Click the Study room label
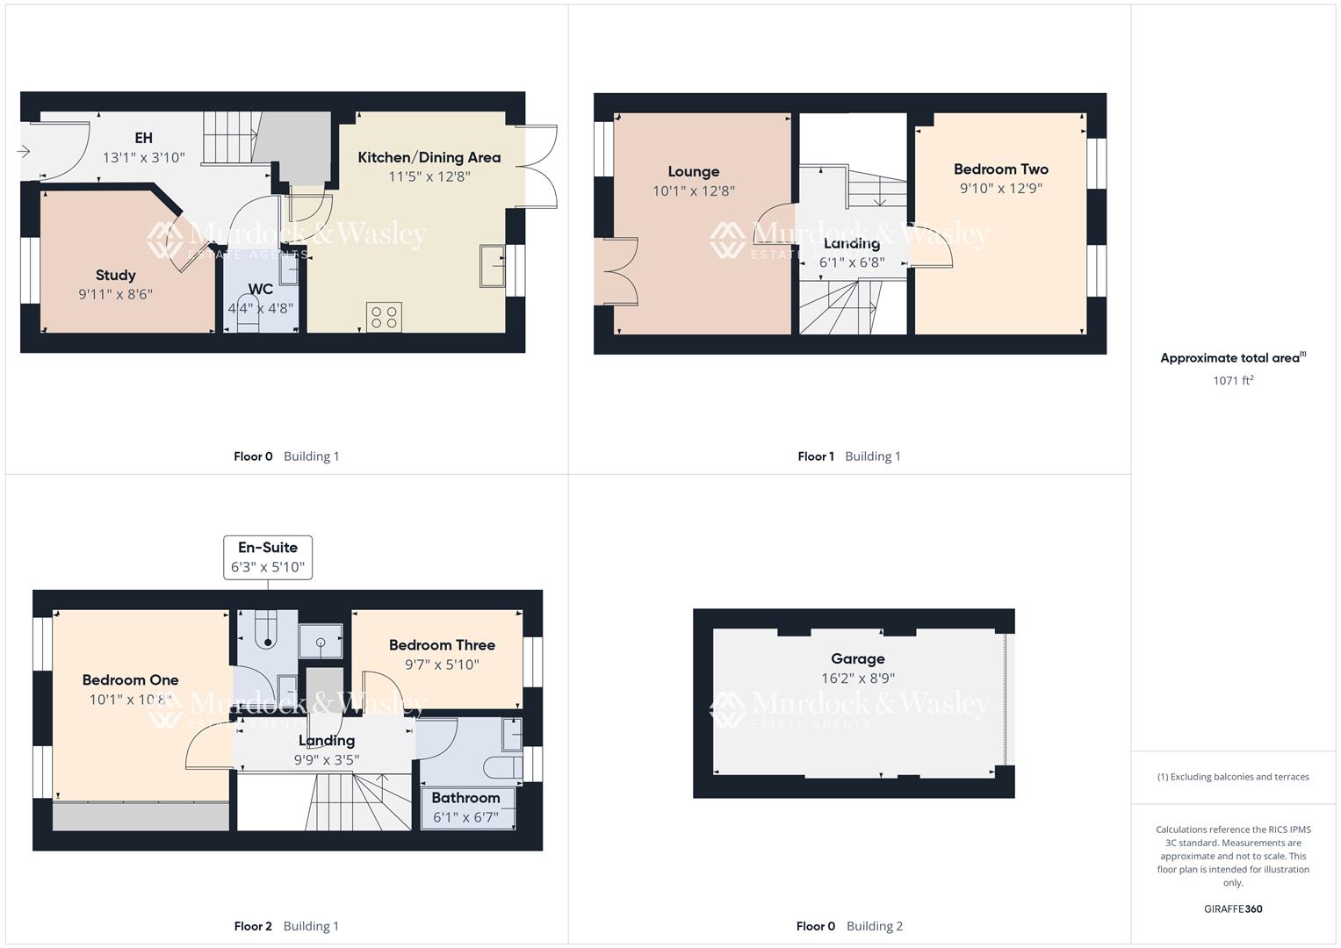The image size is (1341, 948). click(x=115, y=275)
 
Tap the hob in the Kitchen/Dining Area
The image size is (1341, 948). click(x=384, y=317)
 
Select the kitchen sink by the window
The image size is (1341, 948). click(x=492, y=266)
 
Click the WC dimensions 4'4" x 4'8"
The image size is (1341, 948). click(x=260, y=308)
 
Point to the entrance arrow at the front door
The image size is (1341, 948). click(x=24, y=152)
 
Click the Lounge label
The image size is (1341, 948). click(x=693, y=172)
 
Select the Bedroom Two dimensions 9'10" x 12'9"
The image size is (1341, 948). click(x=1001, y=188)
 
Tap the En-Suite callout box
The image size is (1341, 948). click(x=268, y=557)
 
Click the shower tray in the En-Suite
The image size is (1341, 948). click(x=321, y=642)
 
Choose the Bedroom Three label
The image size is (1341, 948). click(x=442, y=645)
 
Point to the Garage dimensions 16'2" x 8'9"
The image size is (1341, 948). click(x=858, y=678)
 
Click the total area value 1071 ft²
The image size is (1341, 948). click(x=1233, y=380)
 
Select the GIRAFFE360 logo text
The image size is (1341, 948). click(x=1233, y=908)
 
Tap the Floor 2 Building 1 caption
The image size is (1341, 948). click(x=286, y=926)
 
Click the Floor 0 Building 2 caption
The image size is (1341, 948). click(x=849, y=926)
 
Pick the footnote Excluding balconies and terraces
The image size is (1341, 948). click(x=1233, y=777)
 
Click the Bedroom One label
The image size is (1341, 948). click(x=130, y=680)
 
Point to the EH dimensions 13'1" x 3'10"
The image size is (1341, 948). click(x=144, y=158)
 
